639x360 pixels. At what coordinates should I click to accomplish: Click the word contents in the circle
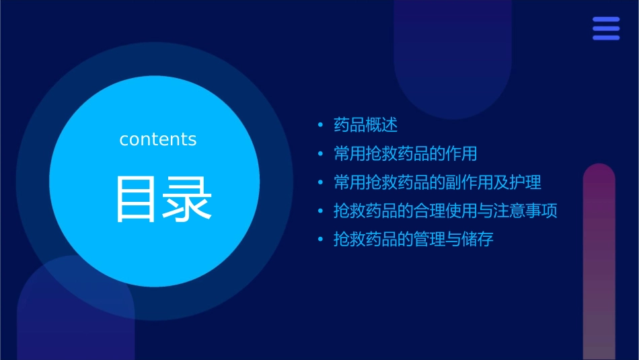coord(158,139)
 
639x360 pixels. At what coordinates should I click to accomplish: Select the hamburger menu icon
coord(606,29)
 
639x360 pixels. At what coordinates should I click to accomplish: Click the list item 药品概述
coord(366,125)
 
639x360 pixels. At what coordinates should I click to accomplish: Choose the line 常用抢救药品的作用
coord(405,153)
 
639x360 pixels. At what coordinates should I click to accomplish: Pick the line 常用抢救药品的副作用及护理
coord(437,182)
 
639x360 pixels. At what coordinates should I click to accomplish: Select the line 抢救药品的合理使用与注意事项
coord(445,211)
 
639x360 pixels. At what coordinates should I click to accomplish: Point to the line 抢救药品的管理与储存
coord(413,239)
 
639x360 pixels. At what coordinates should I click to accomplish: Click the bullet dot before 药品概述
coord(321,125)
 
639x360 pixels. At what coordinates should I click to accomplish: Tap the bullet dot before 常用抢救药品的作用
coord(321,154)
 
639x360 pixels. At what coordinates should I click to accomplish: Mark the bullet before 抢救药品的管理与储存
coord(321,240)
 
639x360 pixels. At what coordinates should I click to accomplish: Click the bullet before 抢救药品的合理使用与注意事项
coord(321,211)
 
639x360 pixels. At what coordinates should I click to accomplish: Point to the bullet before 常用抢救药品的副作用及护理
coord(321,182)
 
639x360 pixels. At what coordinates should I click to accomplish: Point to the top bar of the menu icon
coord(606,20)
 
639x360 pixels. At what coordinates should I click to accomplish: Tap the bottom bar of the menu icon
coord(606,38)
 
